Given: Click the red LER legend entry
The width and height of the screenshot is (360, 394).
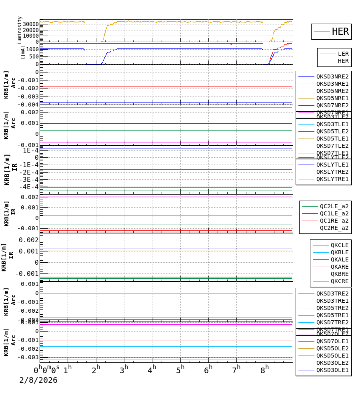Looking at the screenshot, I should pos(343,54).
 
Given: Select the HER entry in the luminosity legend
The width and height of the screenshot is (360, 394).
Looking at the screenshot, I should pos(340,32).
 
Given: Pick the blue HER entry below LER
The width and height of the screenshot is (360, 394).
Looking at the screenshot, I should pos(343,61).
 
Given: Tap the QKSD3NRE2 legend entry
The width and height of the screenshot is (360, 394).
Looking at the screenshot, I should pos(332,76).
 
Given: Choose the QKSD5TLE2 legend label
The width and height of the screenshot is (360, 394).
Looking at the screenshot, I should pos(332,131).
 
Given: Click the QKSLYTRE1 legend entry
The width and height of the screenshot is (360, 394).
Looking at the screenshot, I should pos(332,179).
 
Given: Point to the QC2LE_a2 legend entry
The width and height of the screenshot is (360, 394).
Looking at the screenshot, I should pos(334,206).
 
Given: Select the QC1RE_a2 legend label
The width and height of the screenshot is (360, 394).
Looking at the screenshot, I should pos(334,221).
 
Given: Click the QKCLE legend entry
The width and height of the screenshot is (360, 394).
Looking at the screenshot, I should pos(339,245).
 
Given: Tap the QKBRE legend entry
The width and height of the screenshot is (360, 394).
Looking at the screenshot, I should pos(339,274).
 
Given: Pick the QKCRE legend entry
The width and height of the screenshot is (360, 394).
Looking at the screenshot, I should pos(339,281).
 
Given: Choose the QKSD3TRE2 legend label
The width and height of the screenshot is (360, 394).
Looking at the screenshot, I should pos(332,293).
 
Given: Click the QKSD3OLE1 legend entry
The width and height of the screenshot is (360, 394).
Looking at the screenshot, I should pos(332,370).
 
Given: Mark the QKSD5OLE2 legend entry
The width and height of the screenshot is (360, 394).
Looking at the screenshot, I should pos(332,348).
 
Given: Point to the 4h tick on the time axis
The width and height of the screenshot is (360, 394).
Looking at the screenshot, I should pos(152,370).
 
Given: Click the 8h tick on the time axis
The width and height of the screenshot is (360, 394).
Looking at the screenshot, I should pos(265,370).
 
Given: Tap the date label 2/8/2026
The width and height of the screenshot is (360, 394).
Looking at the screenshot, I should pos(38,380).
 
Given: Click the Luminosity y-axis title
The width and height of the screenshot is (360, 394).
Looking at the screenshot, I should pos(20,30).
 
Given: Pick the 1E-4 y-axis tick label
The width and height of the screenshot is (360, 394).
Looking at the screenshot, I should pos(30,150).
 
